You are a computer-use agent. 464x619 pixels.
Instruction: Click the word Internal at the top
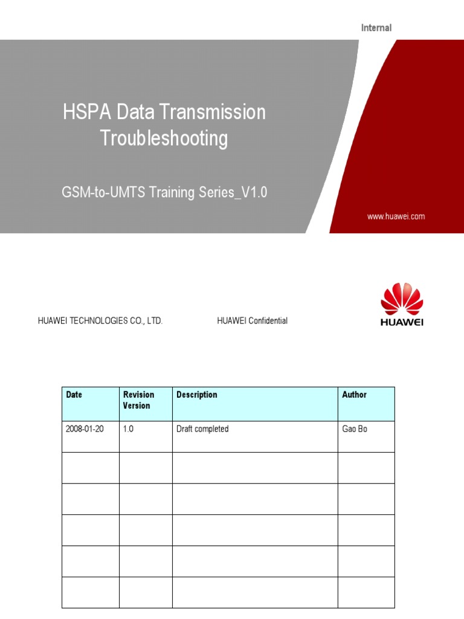(x=376, y=28)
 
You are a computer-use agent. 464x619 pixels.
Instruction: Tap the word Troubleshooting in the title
(x=164, y=138)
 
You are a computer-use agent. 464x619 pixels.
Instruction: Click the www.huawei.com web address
(x=396, y=216)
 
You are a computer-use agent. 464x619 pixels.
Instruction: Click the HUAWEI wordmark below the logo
(x=402, y=322)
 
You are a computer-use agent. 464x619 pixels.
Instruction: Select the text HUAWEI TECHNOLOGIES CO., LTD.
(x=100, y=321)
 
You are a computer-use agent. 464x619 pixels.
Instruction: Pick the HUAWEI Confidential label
(x=252, y=321)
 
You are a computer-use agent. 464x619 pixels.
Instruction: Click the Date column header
(x=74, y=395)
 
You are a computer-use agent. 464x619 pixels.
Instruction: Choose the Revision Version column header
(x=138, y=400)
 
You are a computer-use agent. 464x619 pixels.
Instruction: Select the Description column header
(x=196, y=395)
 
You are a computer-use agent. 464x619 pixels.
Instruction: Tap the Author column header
(x=354, y=395)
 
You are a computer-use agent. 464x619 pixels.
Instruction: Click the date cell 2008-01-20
(x=85, y=429)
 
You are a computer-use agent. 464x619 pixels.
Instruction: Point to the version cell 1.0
(x=128, y=429)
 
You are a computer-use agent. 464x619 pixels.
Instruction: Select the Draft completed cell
(x=202, y=429)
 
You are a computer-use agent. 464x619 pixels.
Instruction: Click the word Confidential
(x=266, y=321)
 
